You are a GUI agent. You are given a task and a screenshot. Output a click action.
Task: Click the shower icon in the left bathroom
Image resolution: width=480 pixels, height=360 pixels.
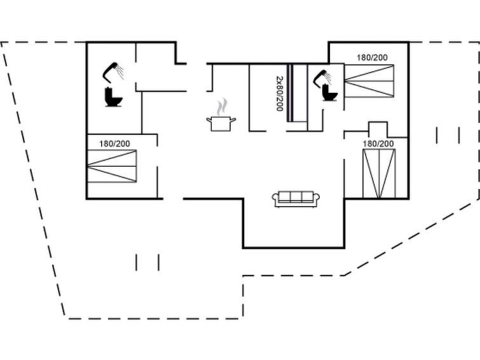tap(113, 73)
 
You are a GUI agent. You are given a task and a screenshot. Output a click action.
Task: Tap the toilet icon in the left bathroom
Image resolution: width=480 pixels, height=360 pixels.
tap(114, 97)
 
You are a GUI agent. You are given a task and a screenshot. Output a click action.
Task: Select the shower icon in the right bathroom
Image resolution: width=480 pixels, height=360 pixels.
tap(323, 78)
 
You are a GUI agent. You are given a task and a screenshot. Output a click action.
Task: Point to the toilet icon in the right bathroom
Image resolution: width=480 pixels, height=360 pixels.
tap(329, 92)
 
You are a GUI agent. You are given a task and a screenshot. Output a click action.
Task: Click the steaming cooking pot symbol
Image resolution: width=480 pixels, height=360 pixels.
tap(221, 115)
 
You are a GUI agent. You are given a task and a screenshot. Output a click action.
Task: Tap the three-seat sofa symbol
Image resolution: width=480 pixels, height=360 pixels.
tap(296, 199)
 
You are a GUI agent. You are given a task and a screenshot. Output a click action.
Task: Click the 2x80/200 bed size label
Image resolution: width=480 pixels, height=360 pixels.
tap(279, 93)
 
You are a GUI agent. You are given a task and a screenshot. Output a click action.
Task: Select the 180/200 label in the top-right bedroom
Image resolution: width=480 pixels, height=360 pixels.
tap(372, 58)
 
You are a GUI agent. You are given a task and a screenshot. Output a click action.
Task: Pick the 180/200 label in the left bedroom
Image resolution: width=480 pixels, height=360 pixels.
tap(114, 144)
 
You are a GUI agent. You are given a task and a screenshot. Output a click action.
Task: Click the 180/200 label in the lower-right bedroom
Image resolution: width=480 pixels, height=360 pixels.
tap(378, 144)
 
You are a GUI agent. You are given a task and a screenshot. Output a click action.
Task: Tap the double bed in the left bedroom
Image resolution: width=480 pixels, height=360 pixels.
tap(112, 166)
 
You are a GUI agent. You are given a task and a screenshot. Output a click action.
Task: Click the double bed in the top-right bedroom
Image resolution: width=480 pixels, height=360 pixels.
tap(369, 81)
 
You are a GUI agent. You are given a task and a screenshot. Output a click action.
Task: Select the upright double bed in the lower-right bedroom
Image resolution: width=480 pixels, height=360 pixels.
tap(379, 174)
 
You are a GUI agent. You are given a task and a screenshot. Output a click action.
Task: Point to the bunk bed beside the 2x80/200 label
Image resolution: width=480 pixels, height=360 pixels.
tap(297, 93)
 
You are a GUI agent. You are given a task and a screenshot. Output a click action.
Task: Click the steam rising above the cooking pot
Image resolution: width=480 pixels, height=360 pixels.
tap(223, 107)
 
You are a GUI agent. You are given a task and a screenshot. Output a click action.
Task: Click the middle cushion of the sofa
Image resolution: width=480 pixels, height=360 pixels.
tap(296, 197)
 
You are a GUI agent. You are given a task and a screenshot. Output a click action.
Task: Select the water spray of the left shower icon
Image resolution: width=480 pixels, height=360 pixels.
tap(120, 72)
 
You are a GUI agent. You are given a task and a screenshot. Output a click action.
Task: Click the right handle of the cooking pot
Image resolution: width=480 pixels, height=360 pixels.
tap(233, 120)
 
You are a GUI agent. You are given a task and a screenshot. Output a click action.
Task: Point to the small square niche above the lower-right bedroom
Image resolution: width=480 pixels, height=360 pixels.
tap(378, 130)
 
